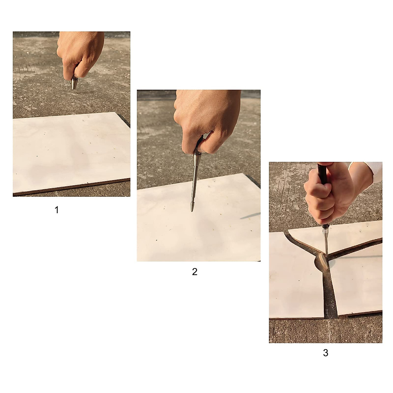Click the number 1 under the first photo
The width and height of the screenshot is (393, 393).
pyautogui.click(x=57, y=210)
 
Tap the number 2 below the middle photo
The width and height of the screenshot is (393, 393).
pyautogui.click(x=195, y=271)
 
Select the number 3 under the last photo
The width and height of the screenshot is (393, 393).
pyautogui.click(x=326, y=353)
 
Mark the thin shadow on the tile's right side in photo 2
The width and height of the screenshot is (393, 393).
pyautogui.click(x=251, y=216)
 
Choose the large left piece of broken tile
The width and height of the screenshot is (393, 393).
pyautogui.click(x=293, y=282)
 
